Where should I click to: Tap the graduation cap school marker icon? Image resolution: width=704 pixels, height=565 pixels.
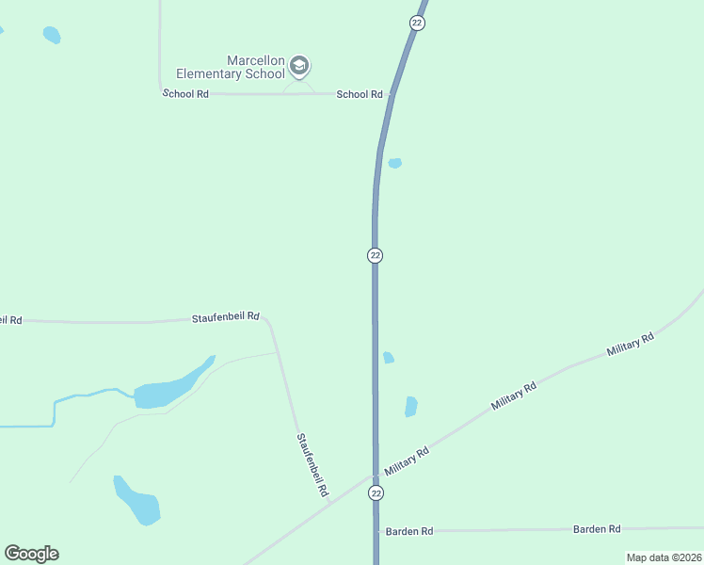click(299, 66)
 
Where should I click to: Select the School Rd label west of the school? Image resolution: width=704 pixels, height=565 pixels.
click(185, 94)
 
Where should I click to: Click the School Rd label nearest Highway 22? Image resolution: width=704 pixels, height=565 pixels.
click(360, 94)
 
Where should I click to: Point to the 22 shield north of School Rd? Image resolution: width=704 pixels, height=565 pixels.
click(418, 22)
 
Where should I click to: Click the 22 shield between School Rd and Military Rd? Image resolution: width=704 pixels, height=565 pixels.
click(375, 255)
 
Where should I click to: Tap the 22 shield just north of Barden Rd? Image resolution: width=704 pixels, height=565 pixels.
click(376, 493)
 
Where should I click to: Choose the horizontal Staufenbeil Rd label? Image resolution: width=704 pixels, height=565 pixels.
click(225, 318)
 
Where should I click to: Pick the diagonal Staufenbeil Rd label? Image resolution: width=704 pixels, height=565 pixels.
click(312, 464)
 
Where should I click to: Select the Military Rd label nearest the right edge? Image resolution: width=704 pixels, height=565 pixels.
click(630, 344)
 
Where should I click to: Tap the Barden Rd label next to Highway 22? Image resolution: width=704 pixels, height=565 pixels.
click(409, 532)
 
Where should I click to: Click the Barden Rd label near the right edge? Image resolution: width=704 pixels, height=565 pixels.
click(597, 529)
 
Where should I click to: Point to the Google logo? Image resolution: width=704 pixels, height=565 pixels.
click(31, 554)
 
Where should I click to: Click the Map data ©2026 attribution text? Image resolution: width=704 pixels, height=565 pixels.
click(663, 557)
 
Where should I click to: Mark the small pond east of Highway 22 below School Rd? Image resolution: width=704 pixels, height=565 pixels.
click(395, 163)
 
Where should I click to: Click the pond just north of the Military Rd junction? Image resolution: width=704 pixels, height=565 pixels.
click(410, 406)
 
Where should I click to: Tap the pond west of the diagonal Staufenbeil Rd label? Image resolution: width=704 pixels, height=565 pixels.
click(137, 503)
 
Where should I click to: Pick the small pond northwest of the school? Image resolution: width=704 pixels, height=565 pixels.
click(51, 35)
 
